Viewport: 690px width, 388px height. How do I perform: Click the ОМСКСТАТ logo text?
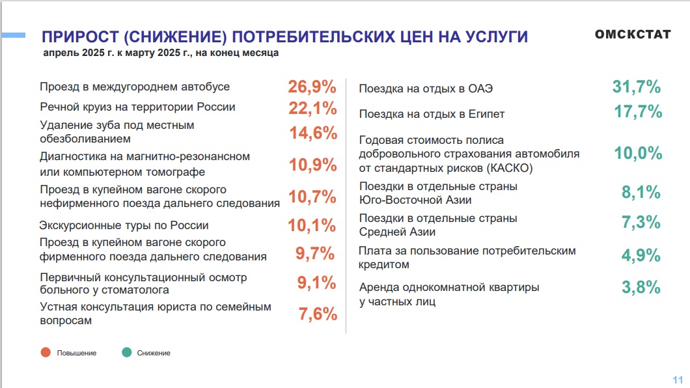(632, 34)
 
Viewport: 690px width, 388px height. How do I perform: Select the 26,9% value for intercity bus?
(312, 87)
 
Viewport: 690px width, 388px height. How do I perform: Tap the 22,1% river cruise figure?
(312, 107)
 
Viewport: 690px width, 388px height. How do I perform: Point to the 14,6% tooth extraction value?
(313, 133)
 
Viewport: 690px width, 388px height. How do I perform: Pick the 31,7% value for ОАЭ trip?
(637, 87)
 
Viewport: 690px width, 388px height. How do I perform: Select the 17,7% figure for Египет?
(638, 112)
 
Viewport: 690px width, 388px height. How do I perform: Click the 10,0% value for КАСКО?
(638, 154)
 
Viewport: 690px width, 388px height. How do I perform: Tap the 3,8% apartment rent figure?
(641, 287)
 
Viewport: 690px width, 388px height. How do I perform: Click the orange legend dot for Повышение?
(46, 352)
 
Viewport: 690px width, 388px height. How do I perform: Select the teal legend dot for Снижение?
(126, 352)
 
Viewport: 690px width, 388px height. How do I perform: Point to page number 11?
(677, 380)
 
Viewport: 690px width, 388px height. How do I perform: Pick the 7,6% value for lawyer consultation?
(318, 314)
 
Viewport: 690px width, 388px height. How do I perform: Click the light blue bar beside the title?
(12, 34)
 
